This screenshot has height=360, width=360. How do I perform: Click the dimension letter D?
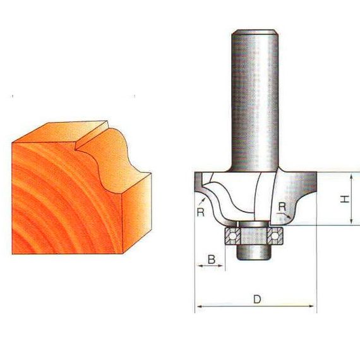(x=257, y=299)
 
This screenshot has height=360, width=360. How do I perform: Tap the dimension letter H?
(x=345, y=199)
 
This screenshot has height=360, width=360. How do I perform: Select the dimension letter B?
(x=212, y=260)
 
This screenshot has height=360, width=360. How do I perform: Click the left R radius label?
(x=201, y=212)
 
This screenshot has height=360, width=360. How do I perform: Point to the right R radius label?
(x=282, y=207)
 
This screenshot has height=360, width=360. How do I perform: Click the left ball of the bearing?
(x=232, y=236)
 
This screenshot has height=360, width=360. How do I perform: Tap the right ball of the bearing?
(x=274, y=236)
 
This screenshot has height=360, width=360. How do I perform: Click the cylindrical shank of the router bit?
(x=255, y=101)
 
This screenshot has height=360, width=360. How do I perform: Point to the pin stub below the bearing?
(x=254, y=253)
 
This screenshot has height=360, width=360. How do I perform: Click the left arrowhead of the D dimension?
(x=200, y=306)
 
